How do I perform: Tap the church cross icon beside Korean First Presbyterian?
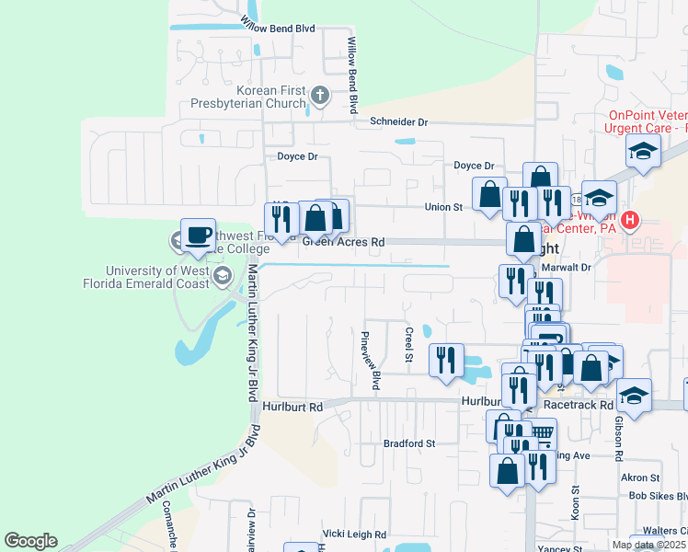[319, 95]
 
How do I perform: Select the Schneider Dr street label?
[399, 121]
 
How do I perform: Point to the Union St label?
[443, 207]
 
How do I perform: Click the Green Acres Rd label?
[342, 242]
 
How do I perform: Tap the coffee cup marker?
[198, 235]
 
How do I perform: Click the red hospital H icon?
[630, 220]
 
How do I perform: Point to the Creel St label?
[409, 342]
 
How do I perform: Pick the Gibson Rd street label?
[618, 436]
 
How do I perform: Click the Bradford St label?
[409, 443]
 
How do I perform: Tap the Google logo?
[30, 541]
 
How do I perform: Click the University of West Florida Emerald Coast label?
[156, 277]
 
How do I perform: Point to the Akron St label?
[640, 477]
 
